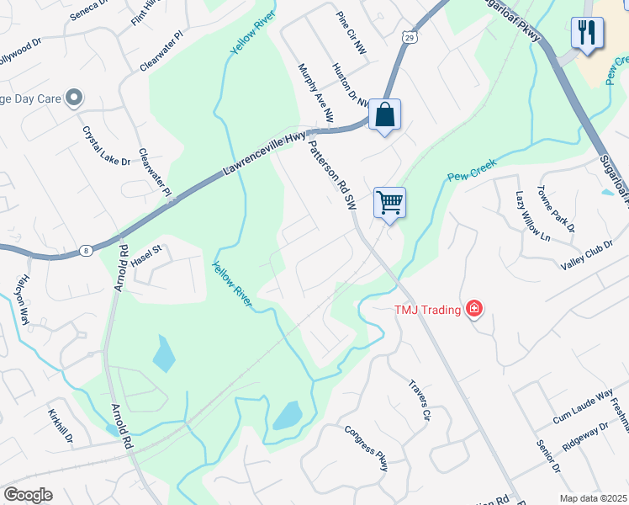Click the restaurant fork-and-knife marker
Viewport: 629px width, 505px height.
586,33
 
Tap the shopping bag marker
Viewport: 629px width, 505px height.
384,114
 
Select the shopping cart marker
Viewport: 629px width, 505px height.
389,202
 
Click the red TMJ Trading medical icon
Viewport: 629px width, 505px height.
474,309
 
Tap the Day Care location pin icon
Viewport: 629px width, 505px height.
73,98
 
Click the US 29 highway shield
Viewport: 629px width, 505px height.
409,37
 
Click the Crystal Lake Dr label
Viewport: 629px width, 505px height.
106,146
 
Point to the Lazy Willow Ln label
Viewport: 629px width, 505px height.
531,216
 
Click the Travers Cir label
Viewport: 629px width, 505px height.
420,400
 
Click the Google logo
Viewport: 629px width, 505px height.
28,495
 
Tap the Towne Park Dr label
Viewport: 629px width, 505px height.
557,210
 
